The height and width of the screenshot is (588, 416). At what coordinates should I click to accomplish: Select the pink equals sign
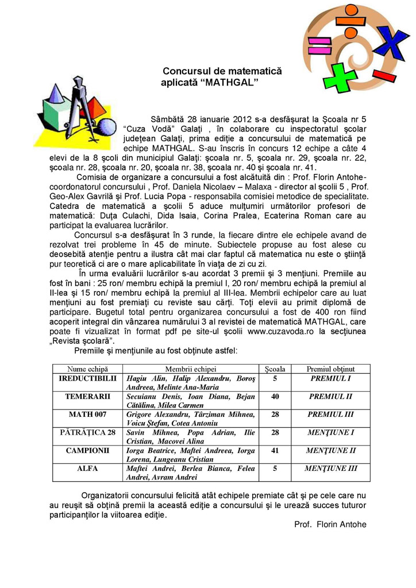[319, 44]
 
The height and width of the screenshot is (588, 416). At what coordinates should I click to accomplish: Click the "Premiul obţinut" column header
[330, 369]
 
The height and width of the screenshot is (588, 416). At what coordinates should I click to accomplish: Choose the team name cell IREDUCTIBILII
[87, 378]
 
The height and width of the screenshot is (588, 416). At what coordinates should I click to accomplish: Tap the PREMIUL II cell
[330, 397]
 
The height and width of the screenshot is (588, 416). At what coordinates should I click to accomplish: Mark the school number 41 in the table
[275, 450]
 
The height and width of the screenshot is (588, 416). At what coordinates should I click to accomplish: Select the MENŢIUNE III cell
[330, 468]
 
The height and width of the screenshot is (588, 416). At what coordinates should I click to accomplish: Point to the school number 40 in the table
[275, 397]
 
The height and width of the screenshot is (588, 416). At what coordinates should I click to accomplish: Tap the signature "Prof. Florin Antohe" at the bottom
[330, 524]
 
